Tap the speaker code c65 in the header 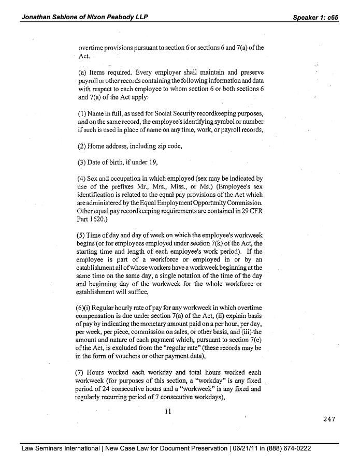[x=329, y=17]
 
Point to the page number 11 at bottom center [x=167, y=412]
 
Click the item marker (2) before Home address [x=82, y=146]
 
